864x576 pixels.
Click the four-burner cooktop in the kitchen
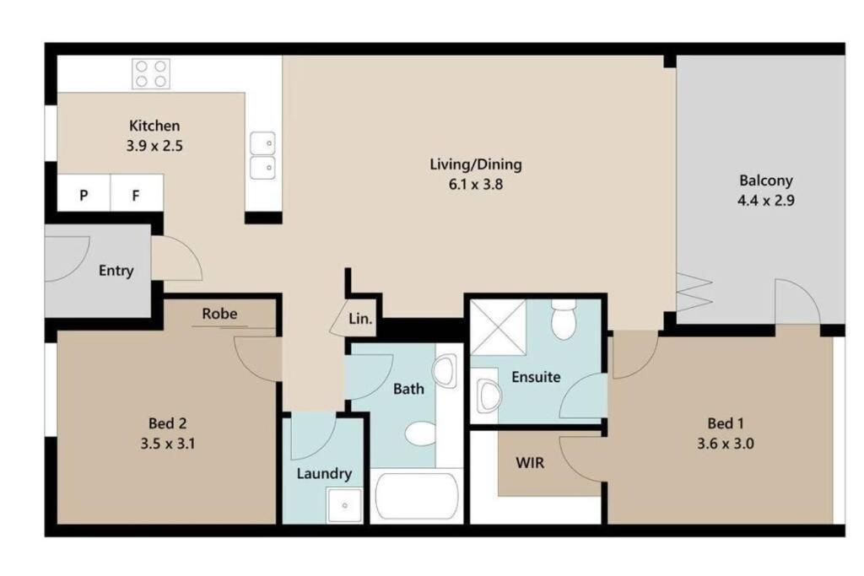[151, 73]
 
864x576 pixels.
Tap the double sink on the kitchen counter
[263, 155]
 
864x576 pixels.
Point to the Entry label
[116, 271]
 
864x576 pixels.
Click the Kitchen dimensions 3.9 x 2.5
[154, 146]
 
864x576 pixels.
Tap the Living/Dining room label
[476, 164]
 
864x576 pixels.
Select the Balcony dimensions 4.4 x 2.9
[766, 201]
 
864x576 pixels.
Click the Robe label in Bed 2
[219, 314]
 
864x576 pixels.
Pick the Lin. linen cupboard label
[359, 318]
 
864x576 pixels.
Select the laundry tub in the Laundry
[344, 505]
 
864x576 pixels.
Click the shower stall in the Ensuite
[498, 328]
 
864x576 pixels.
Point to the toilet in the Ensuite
[564, 320]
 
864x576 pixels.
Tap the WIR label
[530, 462]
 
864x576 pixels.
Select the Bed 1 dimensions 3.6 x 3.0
[725, 444]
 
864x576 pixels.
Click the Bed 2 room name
[168, 423]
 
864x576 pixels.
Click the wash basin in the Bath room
[445, 370]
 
